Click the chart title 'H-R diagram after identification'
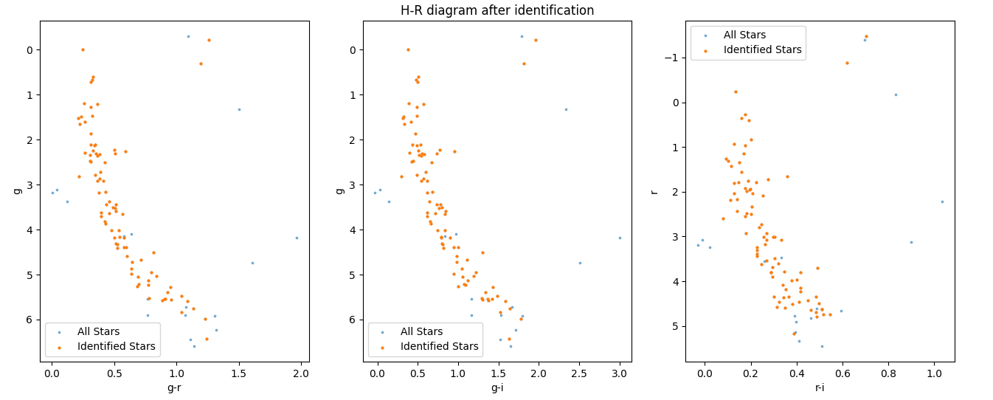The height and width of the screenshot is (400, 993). pyautogui.click(x=497, y=10)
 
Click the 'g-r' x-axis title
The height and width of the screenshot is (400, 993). pyautogui.click(x=174, y=387)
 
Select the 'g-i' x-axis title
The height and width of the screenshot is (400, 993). pyautogui.click(x=497, y=387)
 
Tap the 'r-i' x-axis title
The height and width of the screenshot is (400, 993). pyautogui.click(x=820, y=387)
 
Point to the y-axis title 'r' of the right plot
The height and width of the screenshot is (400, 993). pyautogui.click(x=654, y=191)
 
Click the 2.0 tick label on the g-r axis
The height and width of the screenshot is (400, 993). pyautogui.click(x=300, y=374)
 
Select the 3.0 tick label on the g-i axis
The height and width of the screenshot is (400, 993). pyautogui.click(x=620, y=374)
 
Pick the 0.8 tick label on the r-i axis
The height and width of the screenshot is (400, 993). pyautogui.click(x=888, y=374)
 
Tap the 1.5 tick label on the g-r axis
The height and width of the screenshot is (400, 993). pyautogui.click(x=238, y=374)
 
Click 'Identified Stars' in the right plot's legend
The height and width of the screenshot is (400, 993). pyautogui.click(x=763, y=50)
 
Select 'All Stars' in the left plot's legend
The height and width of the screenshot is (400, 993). pyautogui.click(x=98, y=331)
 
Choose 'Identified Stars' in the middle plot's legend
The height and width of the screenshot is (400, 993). pyautogui.click(x=439, y=346)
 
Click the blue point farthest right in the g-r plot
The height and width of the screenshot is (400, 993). pyautogui.click(x=297, y=238)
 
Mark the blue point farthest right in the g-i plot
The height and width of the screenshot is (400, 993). pyautogui.click(x=620, y=238)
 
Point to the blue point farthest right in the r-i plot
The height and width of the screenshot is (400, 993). pyautogui.click(x=942, y=201)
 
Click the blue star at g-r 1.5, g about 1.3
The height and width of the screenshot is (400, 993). pyautogui.click(x=239, y=109)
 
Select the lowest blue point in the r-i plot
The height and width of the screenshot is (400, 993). pyautogui.click(x=822, y=346)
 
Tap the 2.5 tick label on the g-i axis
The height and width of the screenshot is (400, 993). pyautogui.click(x=579, y=374)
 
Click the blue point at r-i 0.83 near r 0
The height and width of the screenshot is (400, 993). pyautogui.click(x=896, y=94)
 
